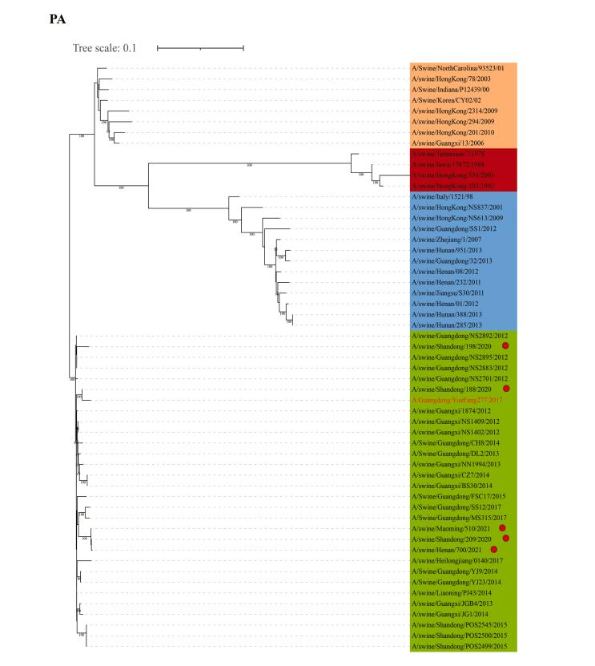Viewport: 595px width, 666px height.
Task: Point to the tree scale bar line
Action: (x=200, y=48)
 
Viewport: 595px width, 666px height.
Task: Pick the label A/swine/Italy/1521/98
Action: (x=444, y=196)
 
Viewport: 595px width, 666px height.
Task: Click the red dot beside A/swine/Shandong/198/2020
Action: (x=505, y=346)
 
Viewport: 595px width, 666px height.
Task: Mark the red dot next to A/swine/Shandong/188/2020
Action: (x=505, y=389)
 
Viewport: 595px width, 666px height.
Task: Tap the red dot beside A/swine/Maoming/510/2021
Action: (x=502, y=528)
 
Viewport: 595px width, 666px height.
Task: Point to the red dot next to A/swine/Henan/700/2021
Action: (x=494, y=549)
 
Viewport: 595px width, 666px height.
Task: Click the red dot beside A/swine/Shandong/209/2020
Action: (x=505, y=539)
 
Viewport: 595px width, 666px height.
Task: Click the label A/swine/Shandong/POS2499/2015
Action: (x=458, y=646)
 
